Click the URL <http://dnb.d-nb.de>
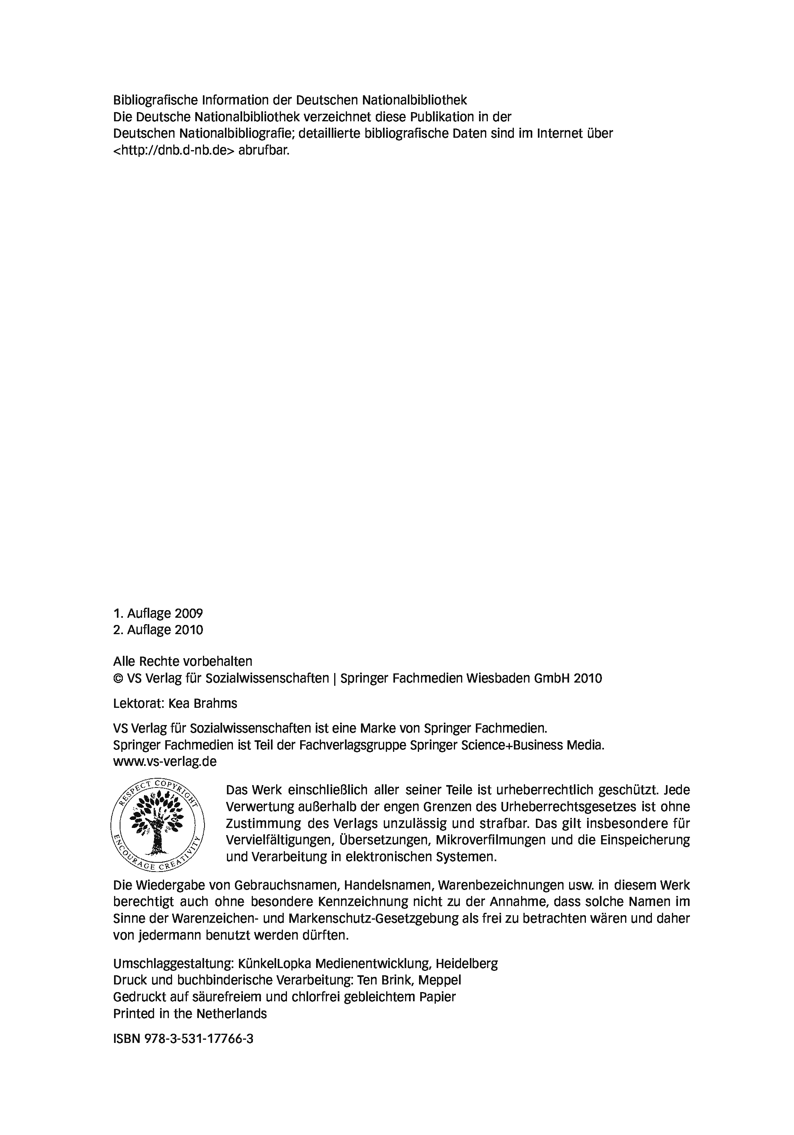click(173, 150)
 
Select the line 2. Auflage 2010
click(158, 630)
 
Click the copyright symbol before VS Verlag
click(118, 678)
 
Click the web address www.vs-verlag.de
click(164, 761)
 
